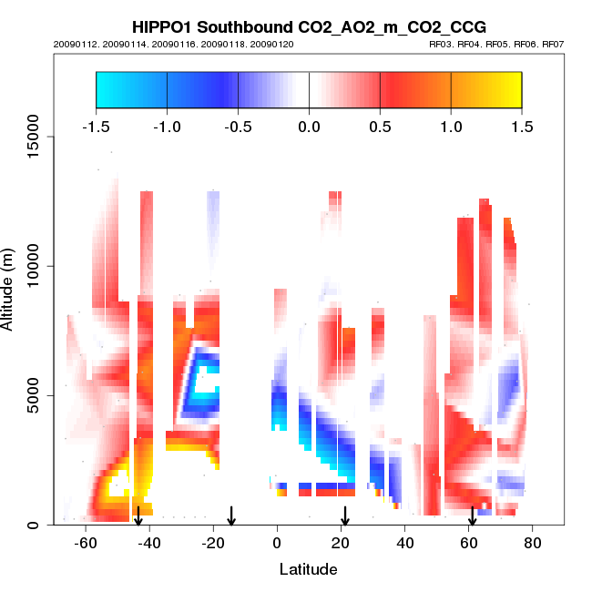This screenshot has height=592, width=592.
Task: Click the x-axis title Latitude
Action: tap(308, 569)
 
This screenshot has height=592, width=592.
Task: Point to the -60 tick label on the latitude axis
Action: tap(86, 543)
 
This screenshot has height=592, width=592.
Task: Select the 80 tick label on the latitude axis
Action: tap(533, 543)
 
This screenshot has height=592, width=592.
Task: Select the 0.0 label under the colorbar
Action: tap(309, 127)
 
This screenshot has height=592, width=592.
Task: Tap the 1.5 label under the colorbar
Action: tap(522, 127)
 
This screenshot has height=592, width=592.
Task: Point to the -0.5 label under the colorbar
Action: tap(237, 127)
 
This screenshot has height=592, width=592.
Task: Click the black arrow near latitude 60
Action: tap(472, 516)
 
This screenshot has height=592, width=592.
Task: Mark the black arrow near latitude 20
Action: tap(345, 516)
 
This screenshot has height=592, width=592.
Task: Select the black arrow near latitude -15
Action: tap(231, 516)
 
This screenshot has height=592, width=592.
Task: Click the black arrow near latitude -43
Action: tap(138, 516)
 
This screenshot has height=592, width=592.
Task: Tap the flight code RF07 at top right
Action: tap(553, 44)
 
